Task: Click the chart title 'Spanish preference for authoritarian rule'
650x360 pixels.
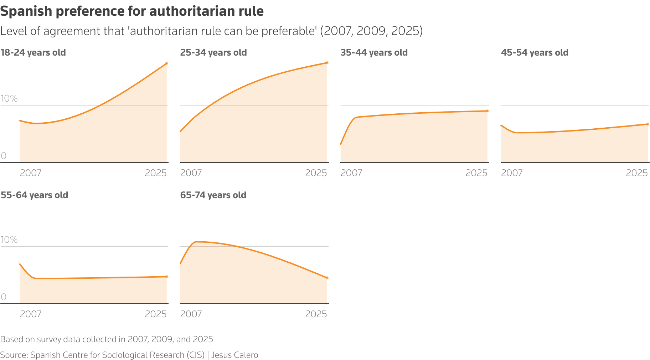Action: (132, 11)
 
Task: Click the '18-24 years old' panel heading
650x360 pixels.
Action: (33, 53)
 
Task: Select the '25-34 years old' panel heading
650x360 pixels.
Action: (213, 53)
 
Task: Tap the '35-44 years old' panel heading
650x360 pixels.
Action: (374, 53)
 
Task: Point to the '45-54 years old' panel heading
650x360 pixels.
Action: (535, 53)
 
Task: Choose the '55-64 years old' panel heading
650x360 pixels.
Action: (34, 195)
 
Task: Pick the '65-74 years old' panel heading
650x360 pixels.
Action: (213, 195)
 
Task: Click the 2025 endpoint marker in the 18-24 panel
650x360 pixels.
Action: (166, 63)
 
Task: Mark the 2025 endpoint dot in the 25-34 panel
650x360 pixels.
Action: (327, 63)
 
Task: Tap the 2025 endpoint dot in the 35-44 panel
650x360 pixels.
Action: (487, 111)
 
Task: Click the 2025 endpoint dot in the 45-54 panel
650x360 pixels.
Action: (648, 124)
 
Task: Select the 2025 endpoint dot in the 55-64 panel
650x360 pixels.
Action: (166, 277)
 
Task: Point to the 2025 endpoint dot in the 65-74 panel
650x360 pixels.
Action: (327, 278)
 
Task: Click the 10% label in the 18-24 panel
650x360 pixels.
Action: (9, 99)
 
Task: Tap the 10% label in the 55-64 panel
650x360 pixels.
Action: (9, 240)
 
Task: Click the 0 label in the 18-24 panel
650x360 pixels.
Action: (4, 156)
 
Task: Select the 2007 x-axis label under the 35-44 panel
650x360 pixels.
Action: (351, 173)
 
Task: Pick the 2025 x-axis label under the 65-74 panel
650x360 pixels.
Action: (316, 314)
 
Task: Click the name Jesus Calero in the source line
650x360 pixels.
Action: (234, 355)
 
